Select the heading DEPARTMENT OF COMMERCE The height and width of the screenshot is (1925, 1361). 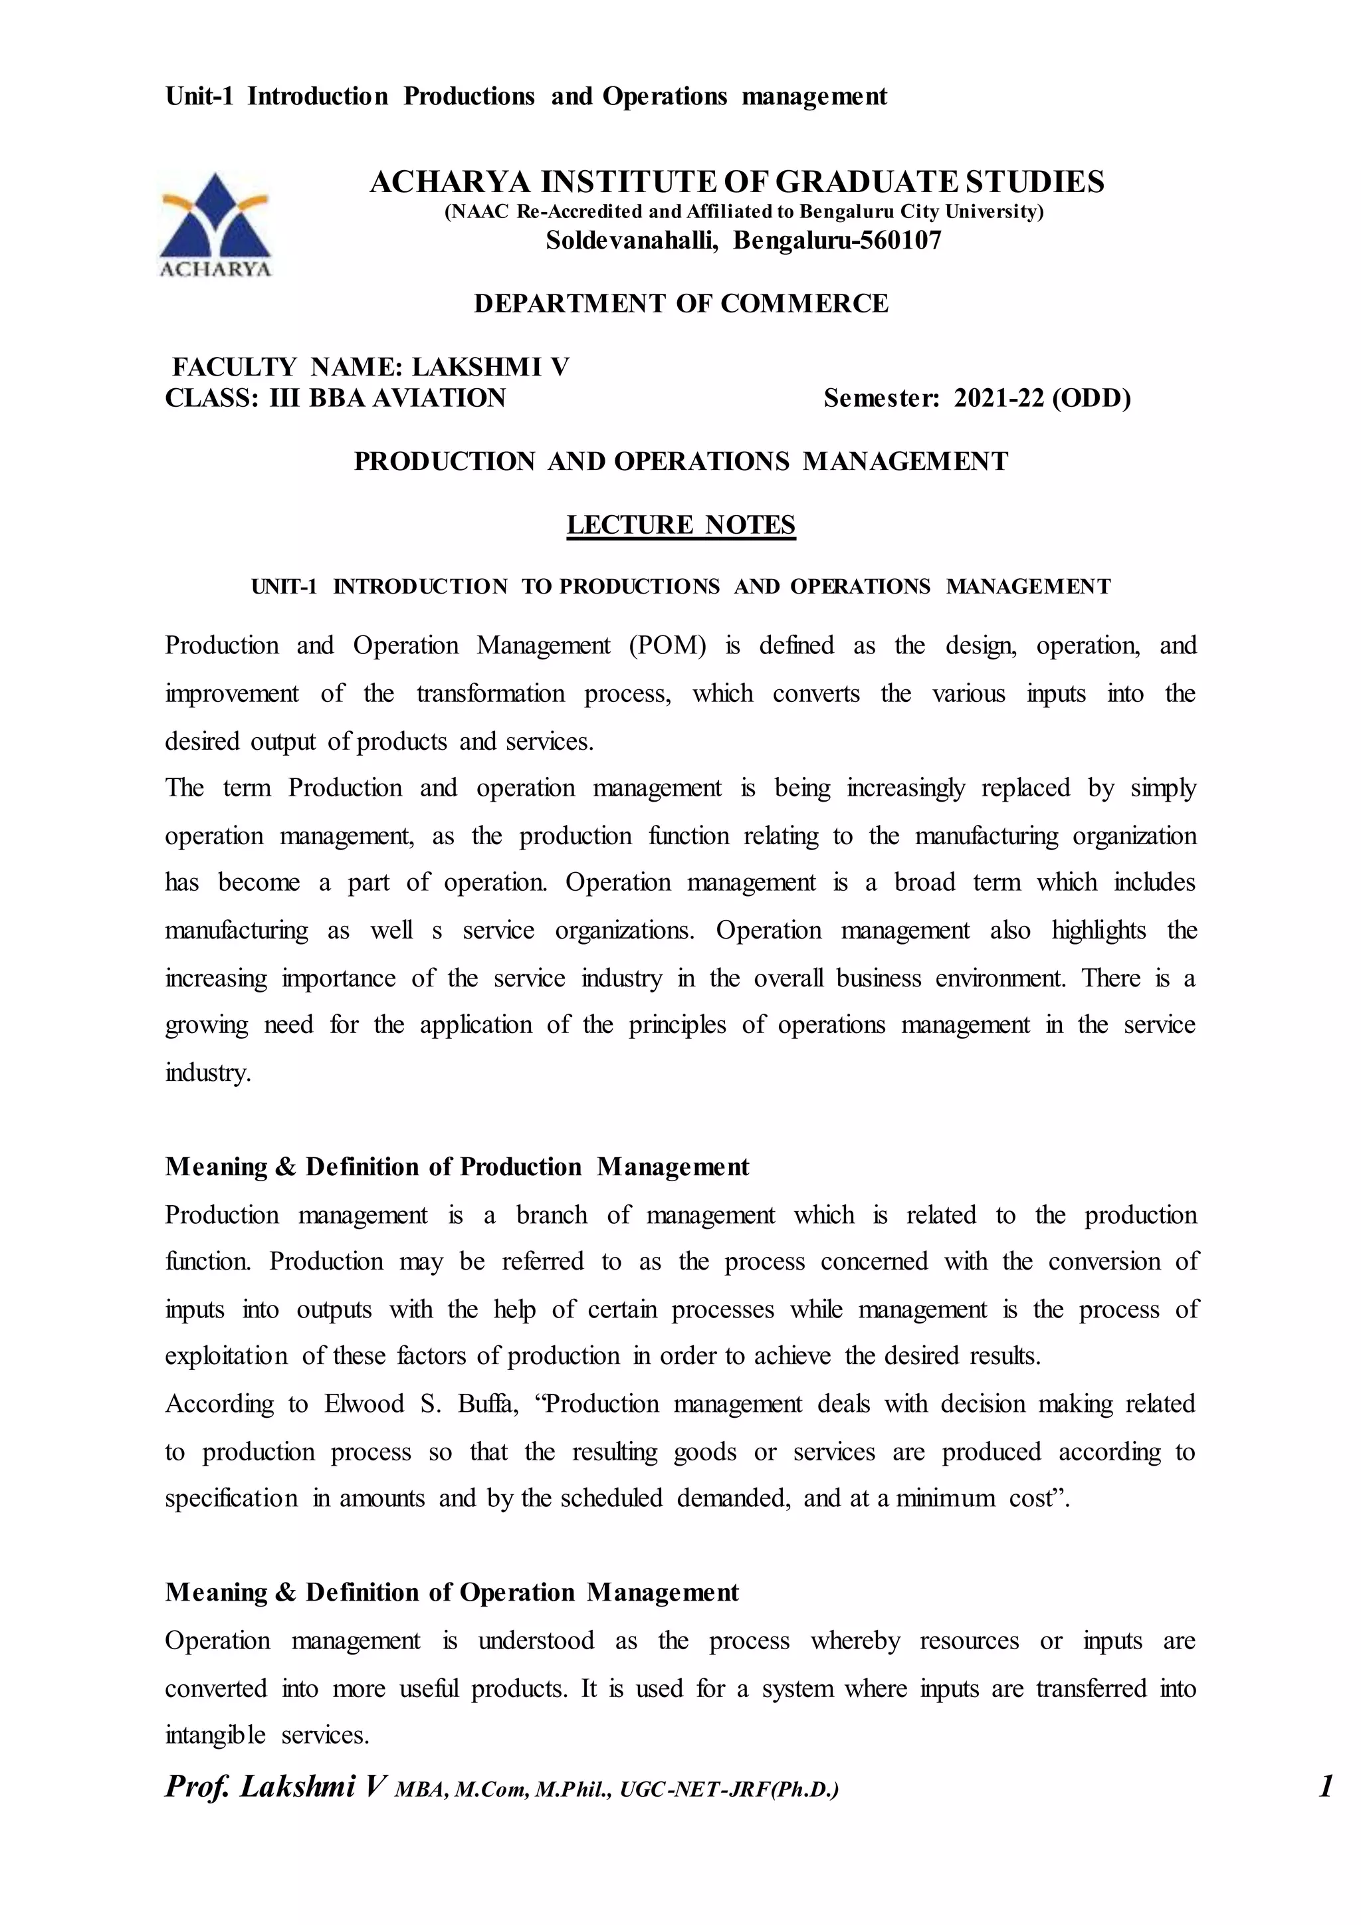pos(680,304)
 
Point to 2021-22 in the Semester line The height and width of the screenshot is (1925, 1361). pos(998,398)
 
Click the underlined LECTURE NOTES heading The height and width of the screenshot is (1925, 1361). pos(680,525)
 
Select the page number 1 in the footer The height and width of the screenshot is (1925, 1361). pos(1326,1787)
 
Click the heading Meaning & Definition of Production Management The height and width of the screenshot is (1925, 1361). pos(457,1167)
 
